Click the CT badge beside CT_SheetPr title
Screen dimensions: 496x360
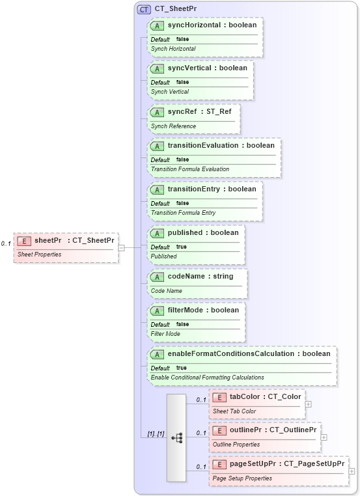coord(144,9)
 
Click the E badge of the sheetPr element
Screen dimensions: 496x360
coord(23,241)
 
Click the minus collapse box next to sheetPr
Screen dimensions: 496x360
coord(121,247)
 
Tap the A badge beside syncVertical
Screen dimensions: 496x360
coord(157,68)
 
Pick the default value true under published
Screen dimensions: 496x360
coord(181,247)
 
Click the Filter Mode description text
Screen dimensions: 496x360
coord(165,334)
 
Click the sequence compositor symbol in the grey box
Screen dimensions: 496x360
coord(176,438)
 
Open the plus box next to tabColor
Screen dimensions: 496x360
coord(308,404)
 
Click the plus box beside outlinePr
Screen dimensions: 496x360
coord(324,437)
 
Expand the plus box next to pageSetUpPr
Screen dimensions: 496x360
coord(352,471)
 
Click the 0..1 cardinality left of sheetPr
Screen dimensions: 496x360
coord(6,243)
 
